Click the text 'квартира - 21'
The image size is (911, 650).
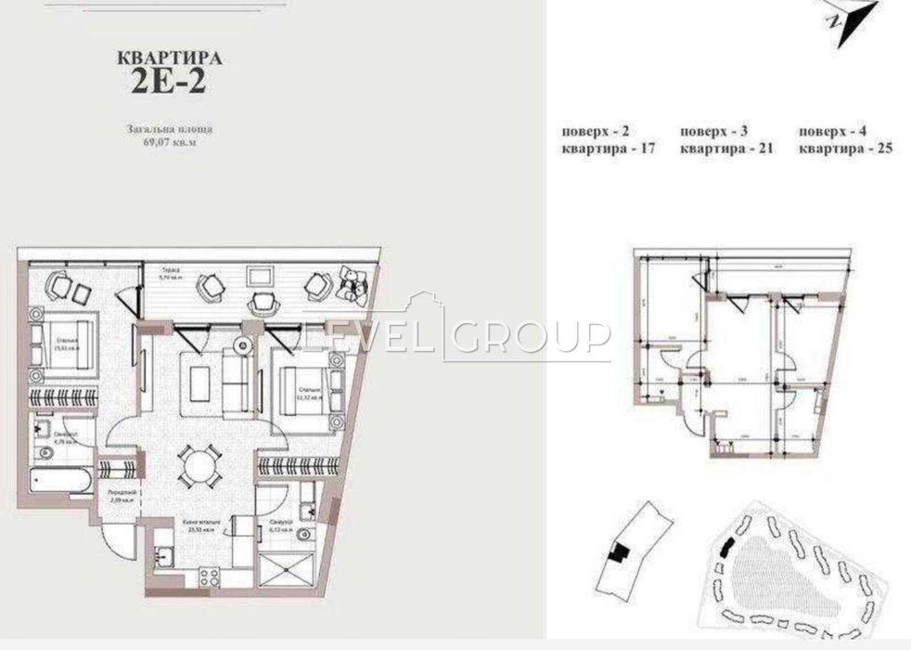click(727, 149)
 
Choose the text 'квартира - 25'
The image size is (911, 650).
click(846, 149)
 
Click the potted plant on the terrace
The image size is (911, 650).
click(353, 281)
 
